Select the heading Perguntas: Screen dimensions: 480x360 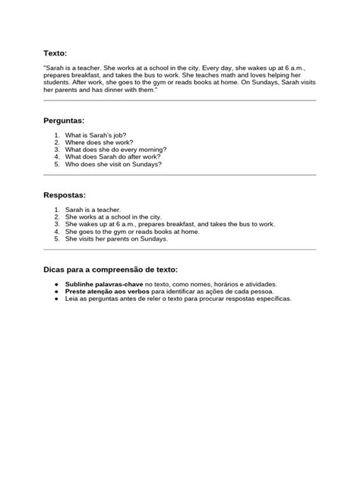65,121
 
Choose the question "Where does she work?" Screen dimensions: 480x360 99,142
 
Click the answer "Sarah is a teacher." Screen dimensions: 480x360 93,210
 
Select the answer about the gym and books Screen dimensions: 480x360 132,231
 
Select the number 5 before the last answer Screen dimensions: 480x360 57,238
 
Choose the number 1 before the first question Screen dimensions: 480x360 57,135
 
